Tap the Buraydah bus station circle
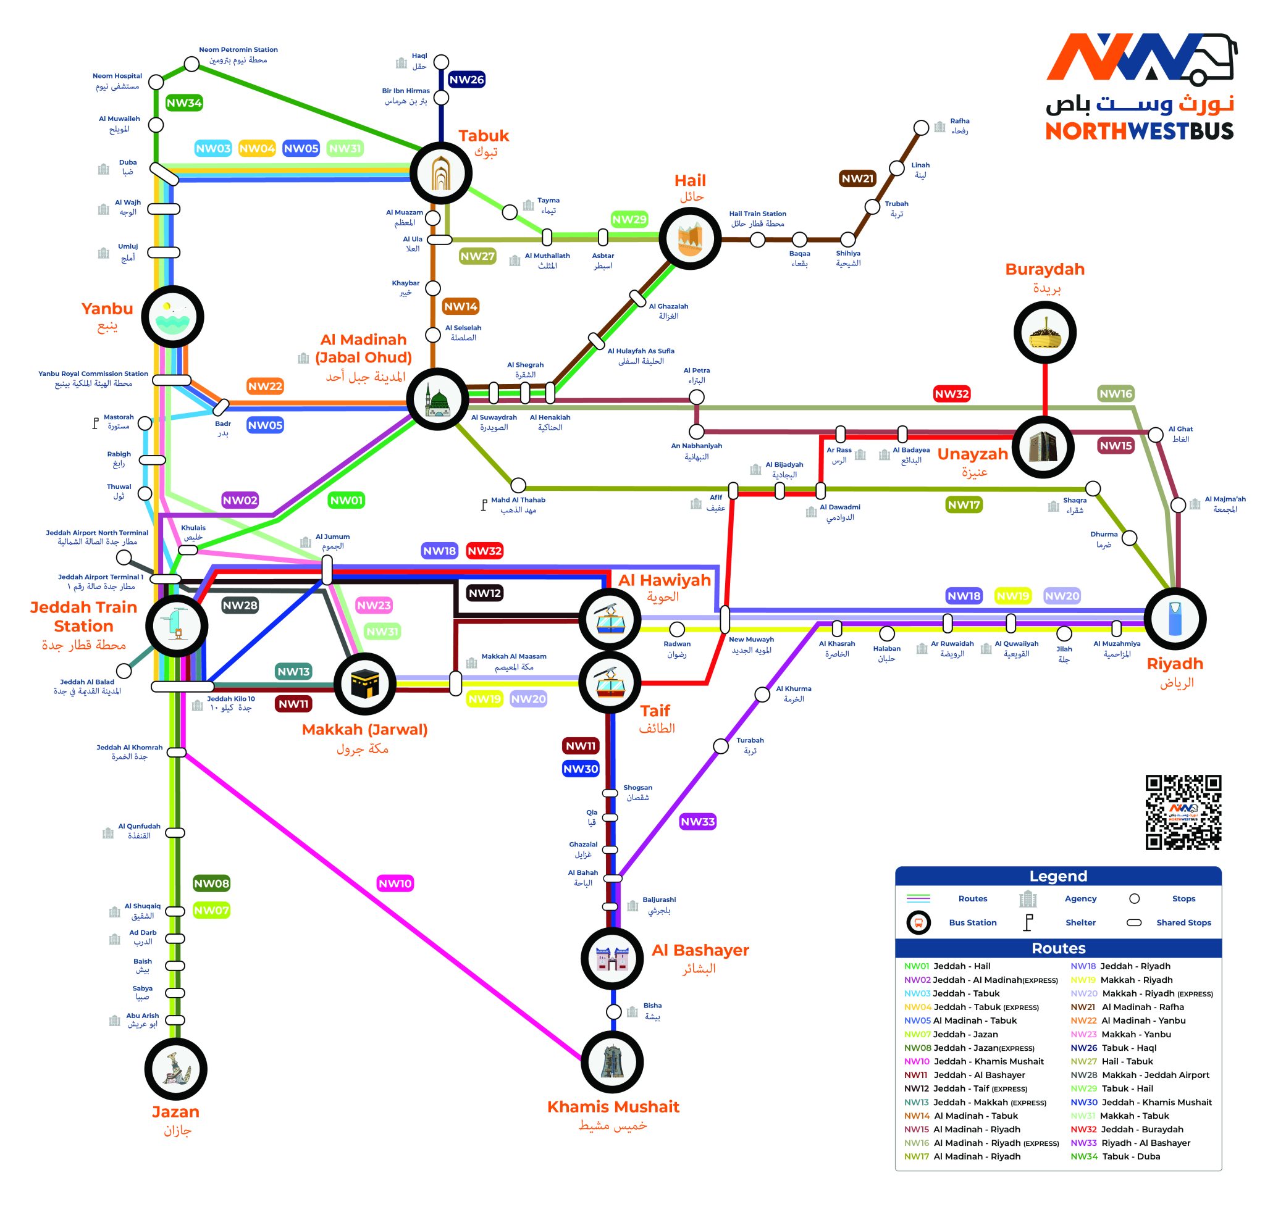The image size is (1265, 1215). tap(1044, 333)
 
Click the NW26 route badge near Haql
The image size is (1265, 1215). tap(466, 80)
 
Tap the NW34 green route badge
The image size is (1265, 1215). tap(184, 102)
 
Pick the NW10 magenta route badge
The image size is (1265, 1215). tap(395, 883)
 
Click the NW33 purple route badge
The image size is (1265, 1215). tap(698, 821)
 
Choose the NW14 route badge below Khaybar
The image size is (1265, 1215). tap(460, 306)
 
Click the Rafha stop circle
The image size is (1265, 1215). tap(922, 127)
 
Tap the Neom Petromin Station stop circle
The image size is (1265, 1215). tap(191, 64)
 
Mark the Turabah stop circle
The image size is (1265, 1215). tap(721, 746)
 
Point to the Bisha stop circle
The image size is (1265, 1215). tap(615, 1011)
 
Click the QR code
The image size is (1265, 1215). tap(1183, 812)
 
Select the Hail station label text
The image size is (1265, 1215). tap(690, 181)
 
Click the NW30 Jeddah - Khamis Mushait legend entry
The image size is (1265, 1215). tap(1141, 1102)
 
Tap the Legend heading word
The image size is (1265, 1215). tap(1058, 875)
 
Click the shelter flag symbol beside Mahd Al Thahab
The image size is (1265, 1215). tap(484, 505)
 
